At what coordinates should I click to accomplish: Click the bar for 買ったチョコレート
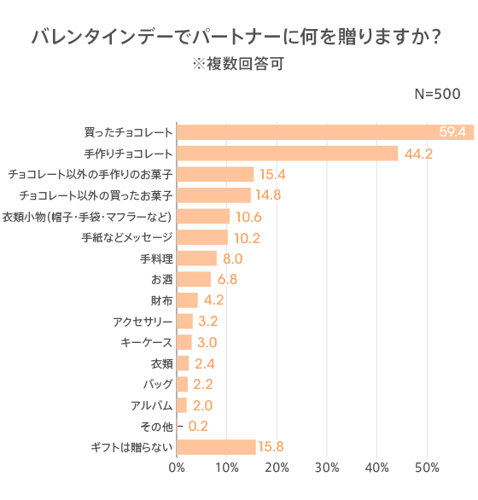324,132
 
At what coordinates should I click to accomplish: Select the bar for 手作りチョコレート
288,154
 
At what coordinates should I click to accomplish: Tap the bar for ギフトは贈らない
216,447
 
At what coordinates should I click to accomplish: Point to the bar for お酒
194,279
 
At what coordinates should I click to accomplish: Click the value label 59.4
452,132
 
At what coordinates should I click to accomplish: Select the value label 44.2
419,154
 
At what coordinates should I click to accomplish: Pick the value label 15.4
272,174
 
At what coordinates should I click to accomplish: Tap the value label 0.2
197,427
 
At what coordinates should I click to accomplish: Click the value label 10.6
248,216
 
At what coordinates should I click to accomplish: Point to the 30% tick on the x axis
327,468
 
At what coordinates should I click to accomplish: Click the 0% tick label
178,468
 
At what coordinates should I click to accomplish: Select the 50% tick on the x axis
427,468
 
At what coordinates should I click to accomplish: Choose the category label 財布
161,300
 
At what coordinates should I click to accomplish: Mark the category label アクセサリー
143,322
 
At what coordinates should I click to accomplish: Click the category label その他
156,427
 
